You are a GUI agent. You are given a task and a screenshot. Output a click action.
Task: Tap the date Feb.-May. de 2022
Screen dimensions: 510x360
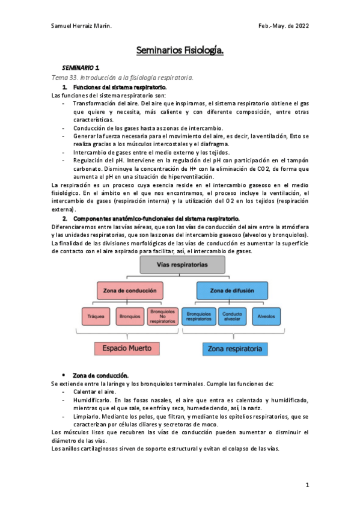click(x=283, y=26)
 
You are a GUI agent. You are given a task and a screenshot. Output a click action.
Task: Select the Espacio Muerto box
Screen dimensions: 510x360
click(x=127, y=348)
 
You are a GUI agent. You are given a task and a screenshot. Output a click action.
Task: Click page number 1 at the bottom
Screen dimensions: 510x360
click(x=307, y=485)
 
